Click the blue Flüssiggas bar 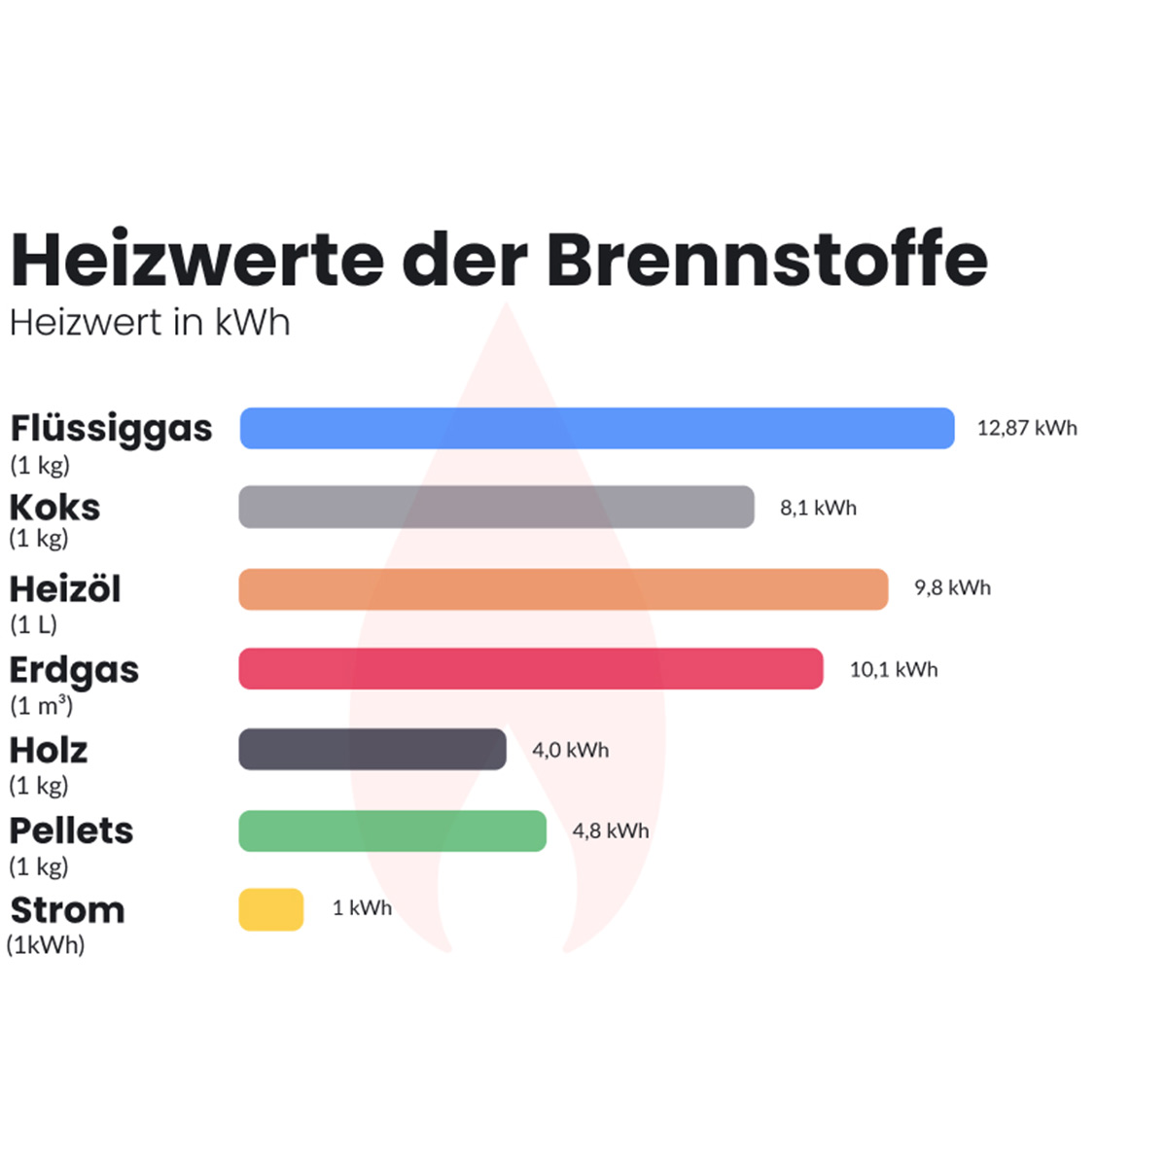[x=597, y=428]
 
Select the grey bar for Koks [x=496, y=507]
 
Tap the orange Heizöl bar [x=563, y=589]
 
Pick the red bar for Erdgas [x=531, y=669]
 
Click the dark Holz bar [x=372, y=750]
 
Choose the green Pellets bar [x=393, y=831]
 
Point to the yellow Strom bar [x=271, y=909]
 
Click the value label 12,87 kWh [x=1027, y=428]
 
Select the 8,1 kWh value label [x=818, y=508]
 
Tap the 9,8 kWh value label [x=952, y=587]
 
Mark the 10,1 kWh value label [x=894, y=669]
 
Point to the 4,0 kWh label [x=570, y=750]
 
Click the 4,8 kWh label [x=610, y=831]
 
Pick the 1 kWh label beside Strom [x=362, y=907]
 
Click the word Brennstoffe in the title [x=766, y=260]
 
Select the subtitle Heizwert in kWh [x=150, y=323]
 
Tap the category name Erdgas [x=74, y=670]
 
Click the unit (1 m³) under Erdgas [x=41, y=705]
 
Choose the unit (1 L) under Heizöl [x=34, y=624]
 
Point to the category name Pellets [x=71, y=831]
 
